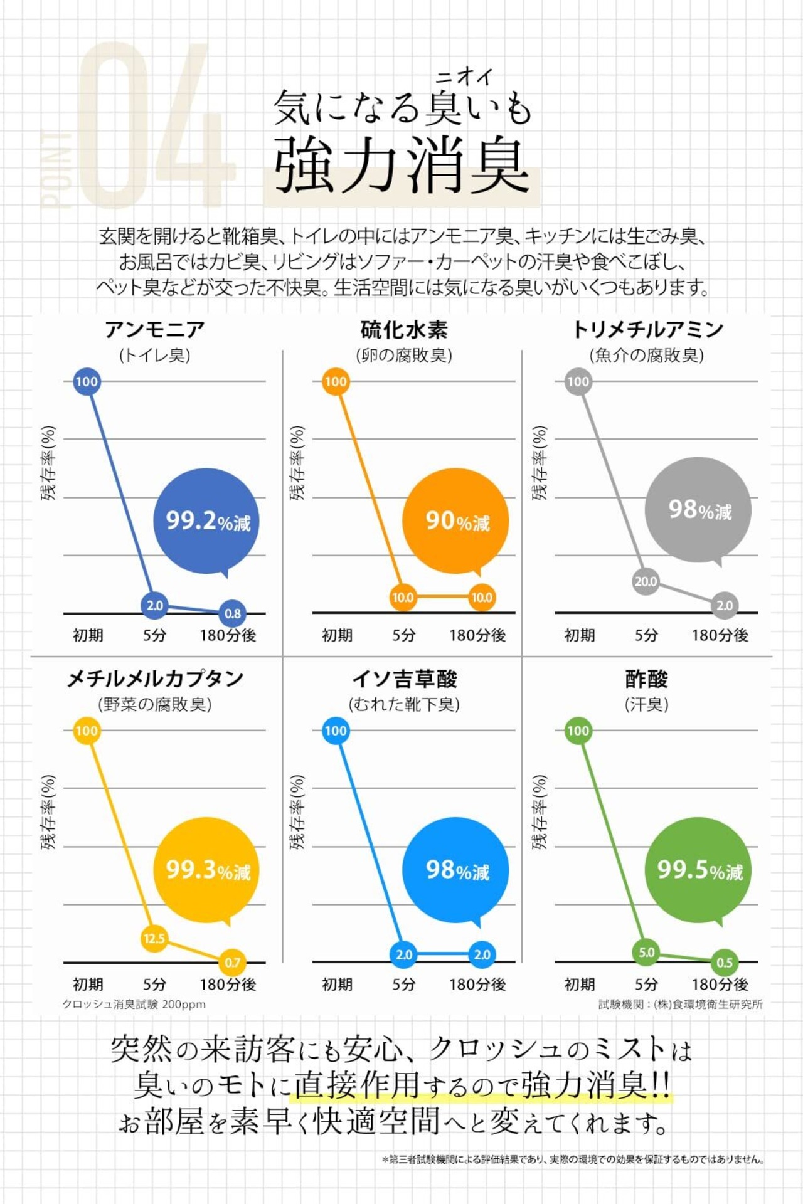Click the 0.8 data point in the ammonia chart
pos(232,613)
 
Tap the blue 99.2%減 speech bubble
pos(206,521)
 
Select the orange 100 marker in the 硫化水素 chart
pos(336,381)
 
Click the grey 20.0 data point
pos(646,581)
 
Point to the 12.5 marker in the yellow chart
pos(154,939)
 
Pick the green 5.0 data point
pos(646,952)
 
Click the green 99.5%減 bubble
pos(699,870)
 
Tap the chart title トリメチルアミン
pos(647,330)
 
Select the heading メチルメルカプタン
pos(155,679)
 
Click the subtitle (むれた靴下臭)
pos(404,705)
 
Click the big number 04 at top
pos(154,125)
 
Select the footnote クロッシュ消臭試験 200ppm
pos(134,1004)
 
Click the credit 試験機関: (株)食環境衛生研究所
pos(680,1004)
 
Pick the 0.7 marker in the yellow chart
pos(232,962)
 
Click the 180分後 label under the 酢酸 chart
pos(720,984)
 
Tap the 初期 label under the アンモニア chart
pos(88,635)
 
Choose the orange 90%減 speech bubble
pos(456,521)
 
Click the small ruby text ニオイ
pos(464,77)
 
